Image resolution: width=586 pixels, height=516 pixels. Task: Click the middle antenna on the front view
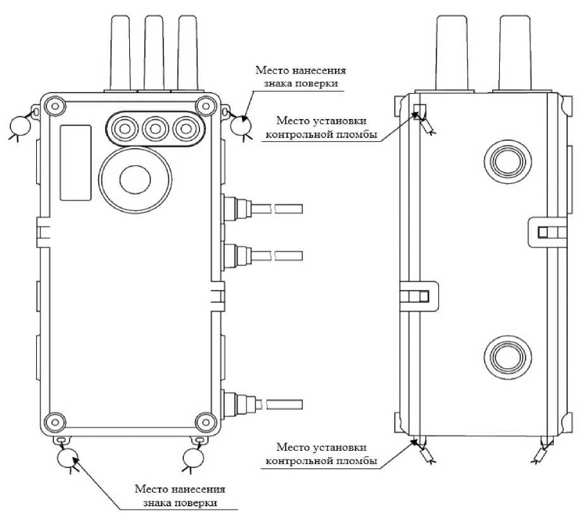(155, 53)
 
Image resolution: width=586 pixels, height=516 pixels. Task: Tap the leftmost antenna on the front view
(120, 53)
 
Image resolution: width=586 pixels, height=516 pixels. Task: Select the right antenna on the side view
(515, 53)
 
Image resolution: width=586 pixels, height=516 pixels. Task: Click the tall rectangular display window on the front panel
(75, 163)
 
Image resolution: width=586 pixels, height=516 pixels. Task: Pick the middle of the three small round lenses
(155, 129)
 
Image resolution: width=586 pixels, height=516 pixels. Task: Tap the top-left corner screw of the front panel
(55, 106)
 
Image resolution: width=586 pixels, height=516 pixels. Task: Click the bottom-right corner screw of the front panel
(205, 422)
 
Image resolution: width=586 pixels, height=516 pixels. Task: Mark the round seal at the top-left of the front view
(20, 125)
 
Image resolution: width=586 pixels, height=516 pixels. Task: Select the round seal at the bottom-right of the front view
(194, 458)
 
